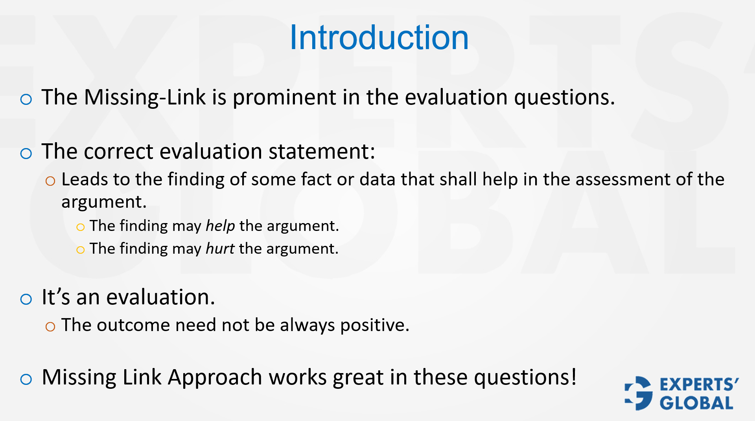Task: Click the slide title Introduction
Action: (379, 38)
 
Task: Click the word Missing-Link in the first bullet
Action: (145, 97)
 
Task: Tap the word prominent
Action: (284, 97)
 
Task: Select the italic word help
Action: (220, 226)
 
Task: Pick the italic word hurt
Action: (220, 249)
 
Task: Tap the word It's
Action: (55, 297)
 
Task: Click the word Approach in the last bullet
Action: (215, 377)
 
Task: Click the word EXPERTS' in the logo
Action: (699, 385)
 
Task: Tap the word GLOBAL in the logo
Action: (696, 403)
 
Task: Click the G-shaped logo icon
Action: (639, 394)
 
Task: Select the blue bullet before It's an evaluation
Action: (26, 299)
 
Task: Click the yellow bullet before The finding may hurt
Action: (81, 250)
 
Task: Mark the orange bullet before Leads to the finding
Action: (50, 181)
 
